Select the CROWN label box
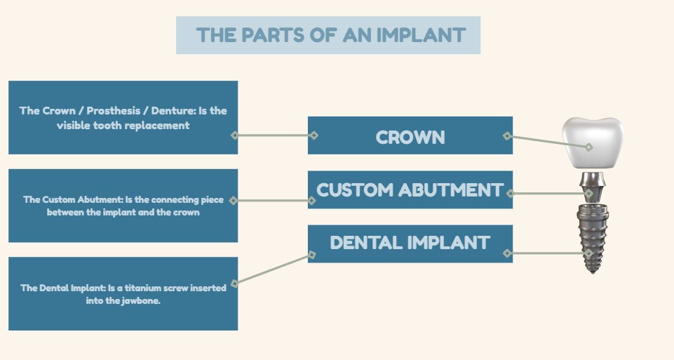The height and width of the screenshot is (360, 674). [x=410, y=137]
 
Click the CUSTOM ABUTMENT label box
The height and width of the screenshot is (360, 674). [x=410, y=189]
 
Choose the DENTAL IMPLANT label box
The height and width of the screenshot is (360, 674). [x=410, y=243]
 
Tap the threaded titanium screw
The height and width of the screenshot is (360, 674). [x=593, y=239]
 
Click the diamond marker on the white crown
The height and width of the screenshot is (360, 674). [x=589, y=147]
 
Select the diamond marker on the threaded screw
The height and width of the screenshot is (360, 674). [x=590, y=253]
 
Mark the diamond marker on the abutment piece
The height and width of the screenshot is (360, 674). [x=590, y=193]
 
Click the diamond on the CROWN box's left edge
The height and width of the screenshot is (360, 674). [x=314, y=135]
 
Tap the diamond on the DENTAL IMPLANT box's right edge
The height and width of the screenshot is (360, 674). [x=507, y=253]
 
